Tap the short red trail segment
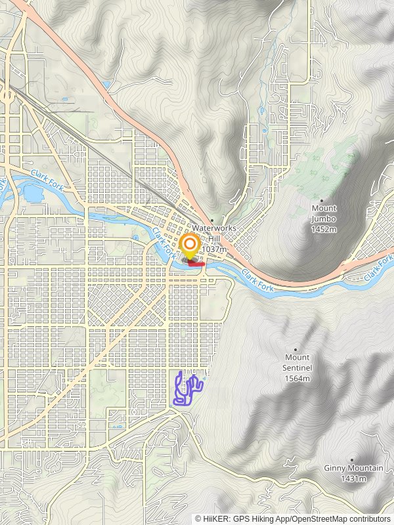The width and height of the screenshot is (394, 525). coord(196,264)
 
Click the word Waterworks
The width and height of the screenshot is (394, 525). coord(214,228)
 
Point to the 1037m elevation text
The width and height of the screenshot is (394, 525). coord(215,249)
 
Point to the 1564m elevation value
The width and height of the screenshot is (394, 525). coord(297,379)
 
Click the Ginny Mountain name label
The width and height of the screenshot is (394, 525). coord(353,469)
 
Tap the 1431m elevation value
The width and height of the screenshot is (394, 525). coord(353,479)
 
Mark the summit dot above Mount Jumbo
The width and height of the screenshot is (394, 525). coord(322,200)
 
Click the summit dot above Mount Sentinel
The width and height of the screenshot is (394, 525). coord(297,349)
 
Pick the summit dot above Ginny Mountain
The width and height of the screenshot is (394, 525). coord(352,459)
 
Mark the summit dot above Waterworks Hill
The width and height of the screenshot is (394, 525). coord(212,220)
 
